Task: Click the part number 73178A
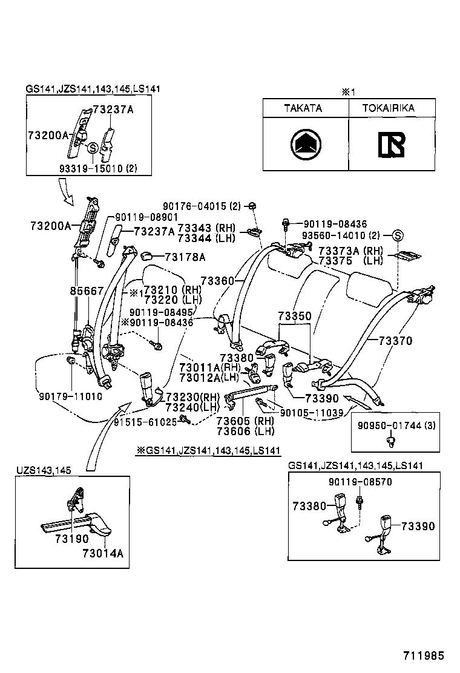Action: coord(186,257)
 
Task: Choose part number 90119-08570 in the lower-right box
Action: coord(361,482)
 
